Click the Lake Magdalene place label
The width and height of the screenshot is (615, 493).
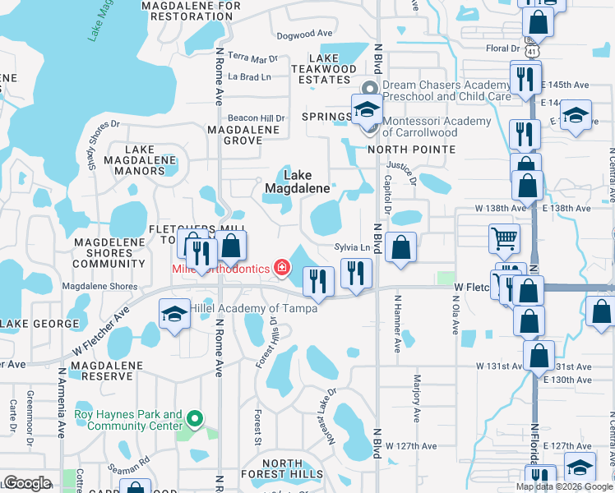coord(297,182)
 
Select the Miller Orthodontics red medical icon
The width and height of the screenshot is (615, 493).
coord(282,267)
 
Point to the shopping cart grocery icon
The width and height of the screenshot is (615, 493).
coord(505,239)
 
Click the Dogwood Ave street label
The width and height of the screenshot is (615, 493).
coord(304,35)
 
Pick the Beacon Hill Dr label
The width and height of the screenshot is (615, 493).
coord(257,117)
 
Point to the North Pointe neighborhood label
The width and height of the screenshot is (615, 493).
coord(411,149)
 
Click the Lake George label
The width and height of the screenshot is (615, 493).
coord(32,325)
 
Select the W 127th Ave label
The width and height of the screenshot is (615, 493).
coord(412,446)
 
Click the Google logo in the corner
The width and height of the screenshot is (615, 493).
coord(27,483)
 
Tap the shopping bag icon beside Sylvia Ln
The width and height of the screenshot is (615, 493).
coord(400,247)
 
